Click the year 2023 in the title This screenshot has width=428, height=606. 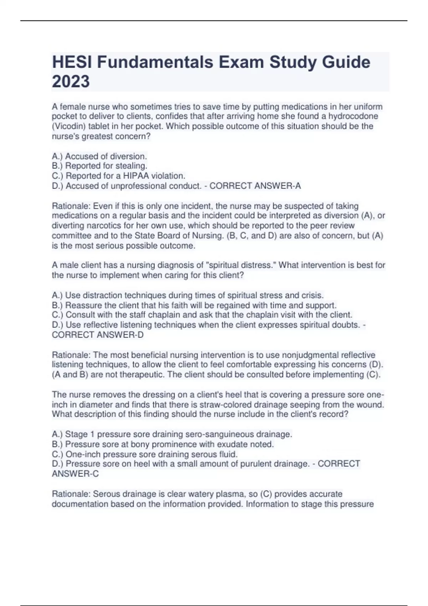pos(71,81)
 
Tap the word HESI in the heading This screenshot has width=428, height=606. pos(72,62)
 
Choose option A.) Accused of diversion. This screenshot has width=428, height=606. pos(100,156)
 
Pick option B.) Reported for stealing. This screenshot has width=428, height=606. pos(100,166)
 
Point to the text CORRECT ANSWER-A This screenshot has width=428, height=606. pos(255,186)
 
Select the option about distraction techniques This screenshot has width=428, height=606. pos(188,295)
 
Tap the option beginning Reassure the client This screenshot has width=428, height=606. pos(194,305)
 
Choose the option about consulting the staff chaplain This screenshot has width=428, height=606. pos(202,315)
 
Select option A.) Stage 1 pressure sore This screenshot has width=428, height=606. pos(172,434)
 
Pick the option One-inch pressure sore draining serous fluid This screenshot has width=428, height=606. pos(144,454)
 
